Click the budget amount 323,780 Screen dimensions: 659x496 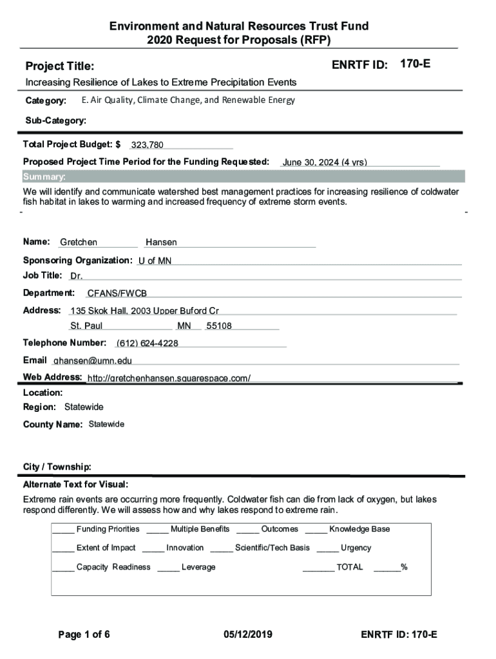tap(147, 145)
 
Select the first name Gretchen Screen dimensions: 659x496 tap(79, 243)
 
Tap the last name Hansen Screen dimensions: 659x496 tap(161, 243)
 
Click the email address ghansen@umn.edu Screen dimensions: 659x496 tap(92, 361)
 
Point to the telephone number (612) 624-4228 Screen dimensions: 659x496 tap(147, 344)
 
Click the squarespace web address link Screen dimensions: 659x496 tap(169, 378)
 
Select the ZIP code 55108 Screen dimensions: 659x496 tap(219, 326)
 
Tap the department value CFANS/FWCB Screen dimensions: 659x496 tap(117, 293)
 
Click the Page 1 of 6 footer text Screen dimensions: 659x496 tap(84, 635)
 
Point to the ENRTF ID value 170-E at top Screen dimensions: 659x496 tap(415, 64)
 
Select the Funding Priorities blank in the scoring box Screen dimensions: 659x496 tap(63, 530)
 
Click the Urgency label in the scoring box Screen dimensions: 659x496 tap(356, 548)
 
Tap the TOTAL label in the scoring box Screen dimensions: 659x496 tap(349, 568)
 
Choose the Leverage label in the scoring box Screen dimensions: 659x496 tap(198, 568)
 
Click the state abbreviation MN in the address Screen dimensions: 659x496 tap(184, 326)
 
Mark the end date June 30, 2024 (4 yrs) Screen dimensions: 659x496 tap(325, 163)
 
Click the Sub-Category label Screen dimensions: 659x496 tap(55, 120)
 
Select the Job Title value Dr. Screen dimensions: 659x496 tap(77, 277)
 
